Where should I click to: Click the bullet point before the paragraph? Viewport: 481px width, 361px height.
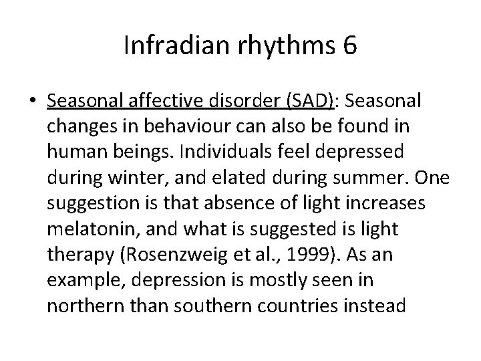(x=33, y=101)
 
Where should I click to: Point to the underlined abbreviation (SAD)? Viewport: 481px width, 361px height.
(x=311, y=100)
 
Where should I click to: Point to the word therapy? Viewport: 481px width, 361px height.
(x=75, y=254)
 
